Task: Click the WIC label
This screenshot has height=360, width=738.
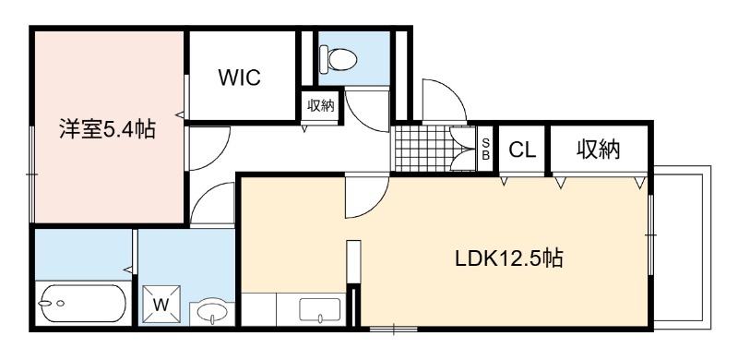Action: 239,78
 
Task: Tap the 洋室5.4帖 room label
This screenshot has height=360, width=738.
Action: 107,129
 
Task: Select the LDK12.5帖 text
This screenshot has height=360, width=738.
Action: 509,258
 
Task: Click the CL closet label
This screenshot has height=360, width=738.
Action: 522,150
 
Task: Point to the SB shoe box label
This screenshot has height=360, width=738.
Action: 486,149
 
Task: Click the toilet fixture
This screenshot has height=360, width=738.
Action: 338,59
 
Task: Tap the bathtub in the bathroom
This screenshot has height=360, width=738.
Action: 82,303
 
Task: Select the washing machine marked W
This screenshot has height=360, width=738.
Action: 161,305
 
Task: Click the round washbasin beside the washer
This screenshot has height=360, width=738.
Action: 212,311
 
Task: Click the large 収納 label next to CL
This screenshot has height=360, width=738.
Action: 599,150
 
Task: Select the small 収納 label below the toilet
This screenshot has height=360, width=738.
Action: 320,106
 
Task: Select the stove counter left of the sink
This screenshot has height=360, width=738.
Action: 258,309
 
